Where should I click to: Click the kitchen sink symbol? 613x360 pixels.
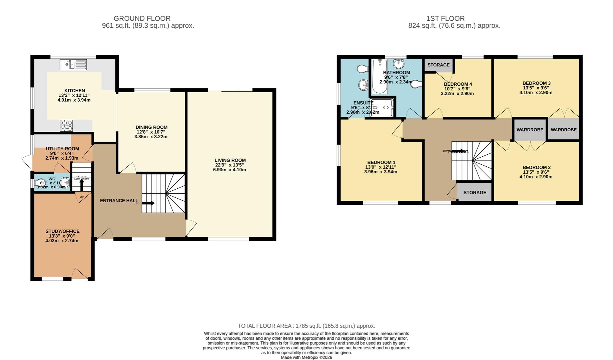73,65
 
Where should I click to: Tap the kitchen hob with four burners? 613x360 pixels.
66,126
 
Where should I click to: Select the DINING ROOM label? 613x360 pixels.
151,127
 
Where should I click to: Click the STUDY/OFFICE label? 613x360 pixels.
62,231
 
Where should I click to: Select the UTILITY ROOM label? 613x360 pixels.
62,149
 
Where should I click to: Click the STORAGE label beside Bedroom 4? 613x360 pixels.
438,65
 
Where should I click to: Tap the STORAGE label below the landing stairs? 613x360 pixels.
475,193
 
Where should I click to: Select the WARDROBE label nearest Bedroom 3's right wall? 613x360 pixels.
563,130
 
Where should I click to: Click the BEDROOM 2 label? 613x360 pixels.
536,168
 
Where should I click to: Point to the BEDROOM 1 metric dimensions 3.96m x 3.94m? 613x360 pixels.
381,172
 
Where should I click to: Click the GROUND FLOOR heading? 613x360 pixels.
142,19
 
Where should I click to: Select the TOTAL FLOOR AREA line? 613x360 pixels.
306,326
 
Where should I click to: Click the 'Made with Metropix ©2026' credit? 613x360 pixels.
306,357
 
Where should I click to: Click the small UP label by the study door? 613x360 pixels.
81,197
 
